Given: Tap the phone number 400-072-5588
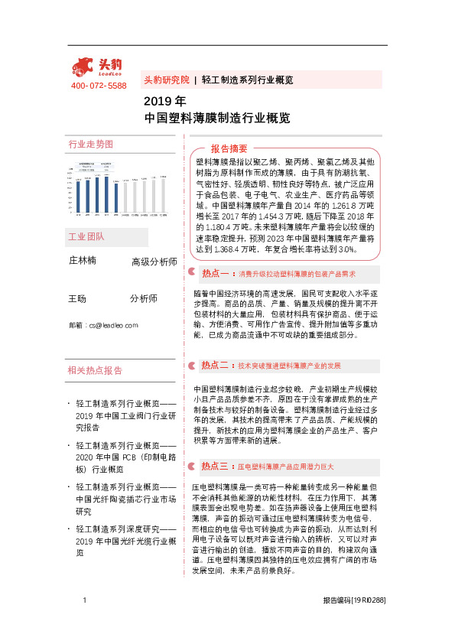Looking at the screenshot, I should pos(99,86).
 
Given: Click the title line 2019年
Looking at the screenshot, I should pos(164,102).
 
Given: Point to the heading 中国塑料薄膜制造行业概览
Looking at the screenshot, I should pos(217,119).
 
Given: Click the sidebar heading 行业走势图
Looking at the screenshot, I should pos(90,144).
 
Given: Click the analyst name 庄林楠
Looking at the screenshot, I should pos(83,261).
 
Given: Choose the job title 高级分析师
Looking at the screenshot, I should pos(154,262).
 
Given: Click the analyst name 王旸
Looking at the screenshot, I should pos(77,298).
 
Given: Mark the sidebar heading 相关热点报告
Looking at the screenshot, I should pos(95,370).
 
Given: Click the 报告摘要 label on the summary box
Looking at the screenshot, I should pos(229,148).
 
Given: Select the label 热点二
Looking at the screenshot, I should pos(215,366).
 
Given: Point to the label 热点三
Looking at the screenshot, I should pos(215,465).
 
